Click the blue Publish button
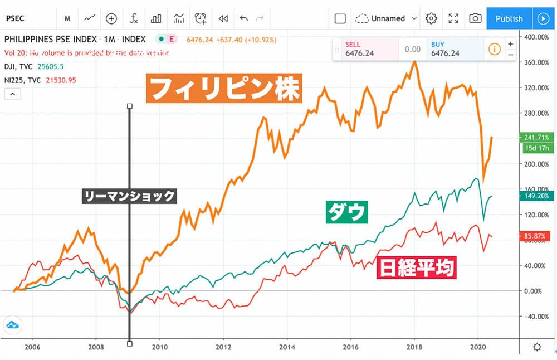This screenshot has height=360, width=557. pos(509,18)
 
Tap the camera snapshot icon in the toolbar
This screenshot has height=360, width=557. pos(475,18)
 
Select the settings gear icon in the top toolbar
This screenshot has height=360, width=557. pos(431,18)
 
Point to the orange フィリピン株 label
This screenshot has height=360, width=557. pos(224,89)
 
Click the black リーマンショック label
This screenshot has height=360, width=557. pos(129,196)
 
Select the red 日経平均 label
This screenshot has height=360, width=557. pos(417,267)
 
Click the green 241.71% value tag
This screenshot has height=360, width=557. pos(536,137)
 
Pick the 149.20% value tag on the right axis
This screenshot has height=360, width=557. pos(536,196)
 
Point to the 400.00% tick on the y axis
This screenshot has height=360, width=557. pos(536,37)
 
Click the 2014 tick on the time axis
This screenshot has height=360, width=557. pos(287,346)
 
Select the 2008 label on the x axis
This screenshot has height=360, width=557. pos(96,346)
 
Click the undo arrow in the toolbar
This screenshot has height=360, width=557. pos(243,18)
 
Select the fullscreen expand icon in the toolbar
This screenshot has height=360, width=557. pos(453,18)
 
